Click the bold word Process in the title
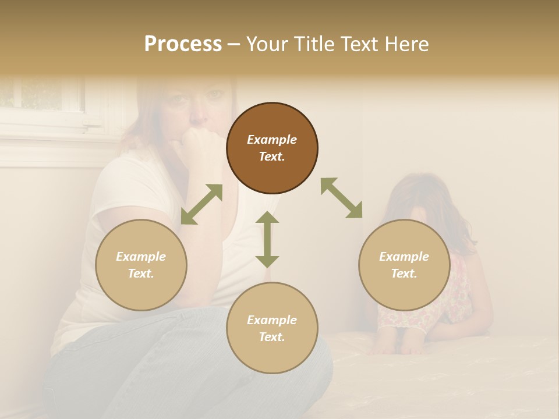[x=183, y=44]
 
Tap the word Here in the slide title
[x=405, y=44]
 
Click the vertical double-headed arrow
[x=267, y=239]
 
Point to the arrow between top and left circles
[x=201, y=204]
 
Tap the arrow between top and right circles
[x=342, y=198]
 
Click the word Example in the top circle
[x=272, y=140]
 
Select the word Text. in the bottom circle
[x=272, y=337]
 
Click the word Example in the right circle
[x=404, y=257]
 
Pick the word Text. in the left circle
[x=141, y=274]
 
